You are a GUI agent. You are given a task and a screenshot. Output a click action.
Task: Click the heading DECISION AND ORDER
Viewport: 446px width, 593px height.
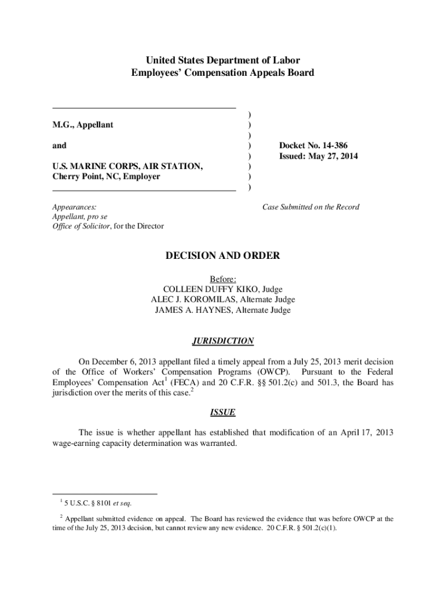coord(223,255)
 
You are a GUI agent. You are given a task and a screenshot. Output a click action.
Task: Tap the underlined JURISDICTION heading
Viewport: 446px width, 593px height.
coord(223,341)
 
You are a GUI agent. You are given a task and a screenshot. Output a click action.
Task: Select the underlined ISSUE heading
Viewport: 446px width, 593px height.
coord(223,412)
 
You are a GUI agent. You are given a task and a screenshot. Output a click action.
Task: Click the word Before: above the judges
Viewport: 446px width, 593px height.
coord(223,279)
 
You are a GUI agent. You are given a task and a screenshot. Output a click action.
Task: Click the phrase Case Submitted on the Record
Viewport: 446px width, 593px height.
coord(311,207)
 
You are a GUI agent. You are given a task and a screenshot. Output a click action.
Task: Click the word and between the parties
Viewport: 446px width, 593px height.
coord(59,145)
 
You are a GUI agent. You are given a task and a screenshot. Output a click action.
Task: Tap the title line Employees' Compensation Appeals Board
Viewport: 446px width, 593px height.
coord(223,73)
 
